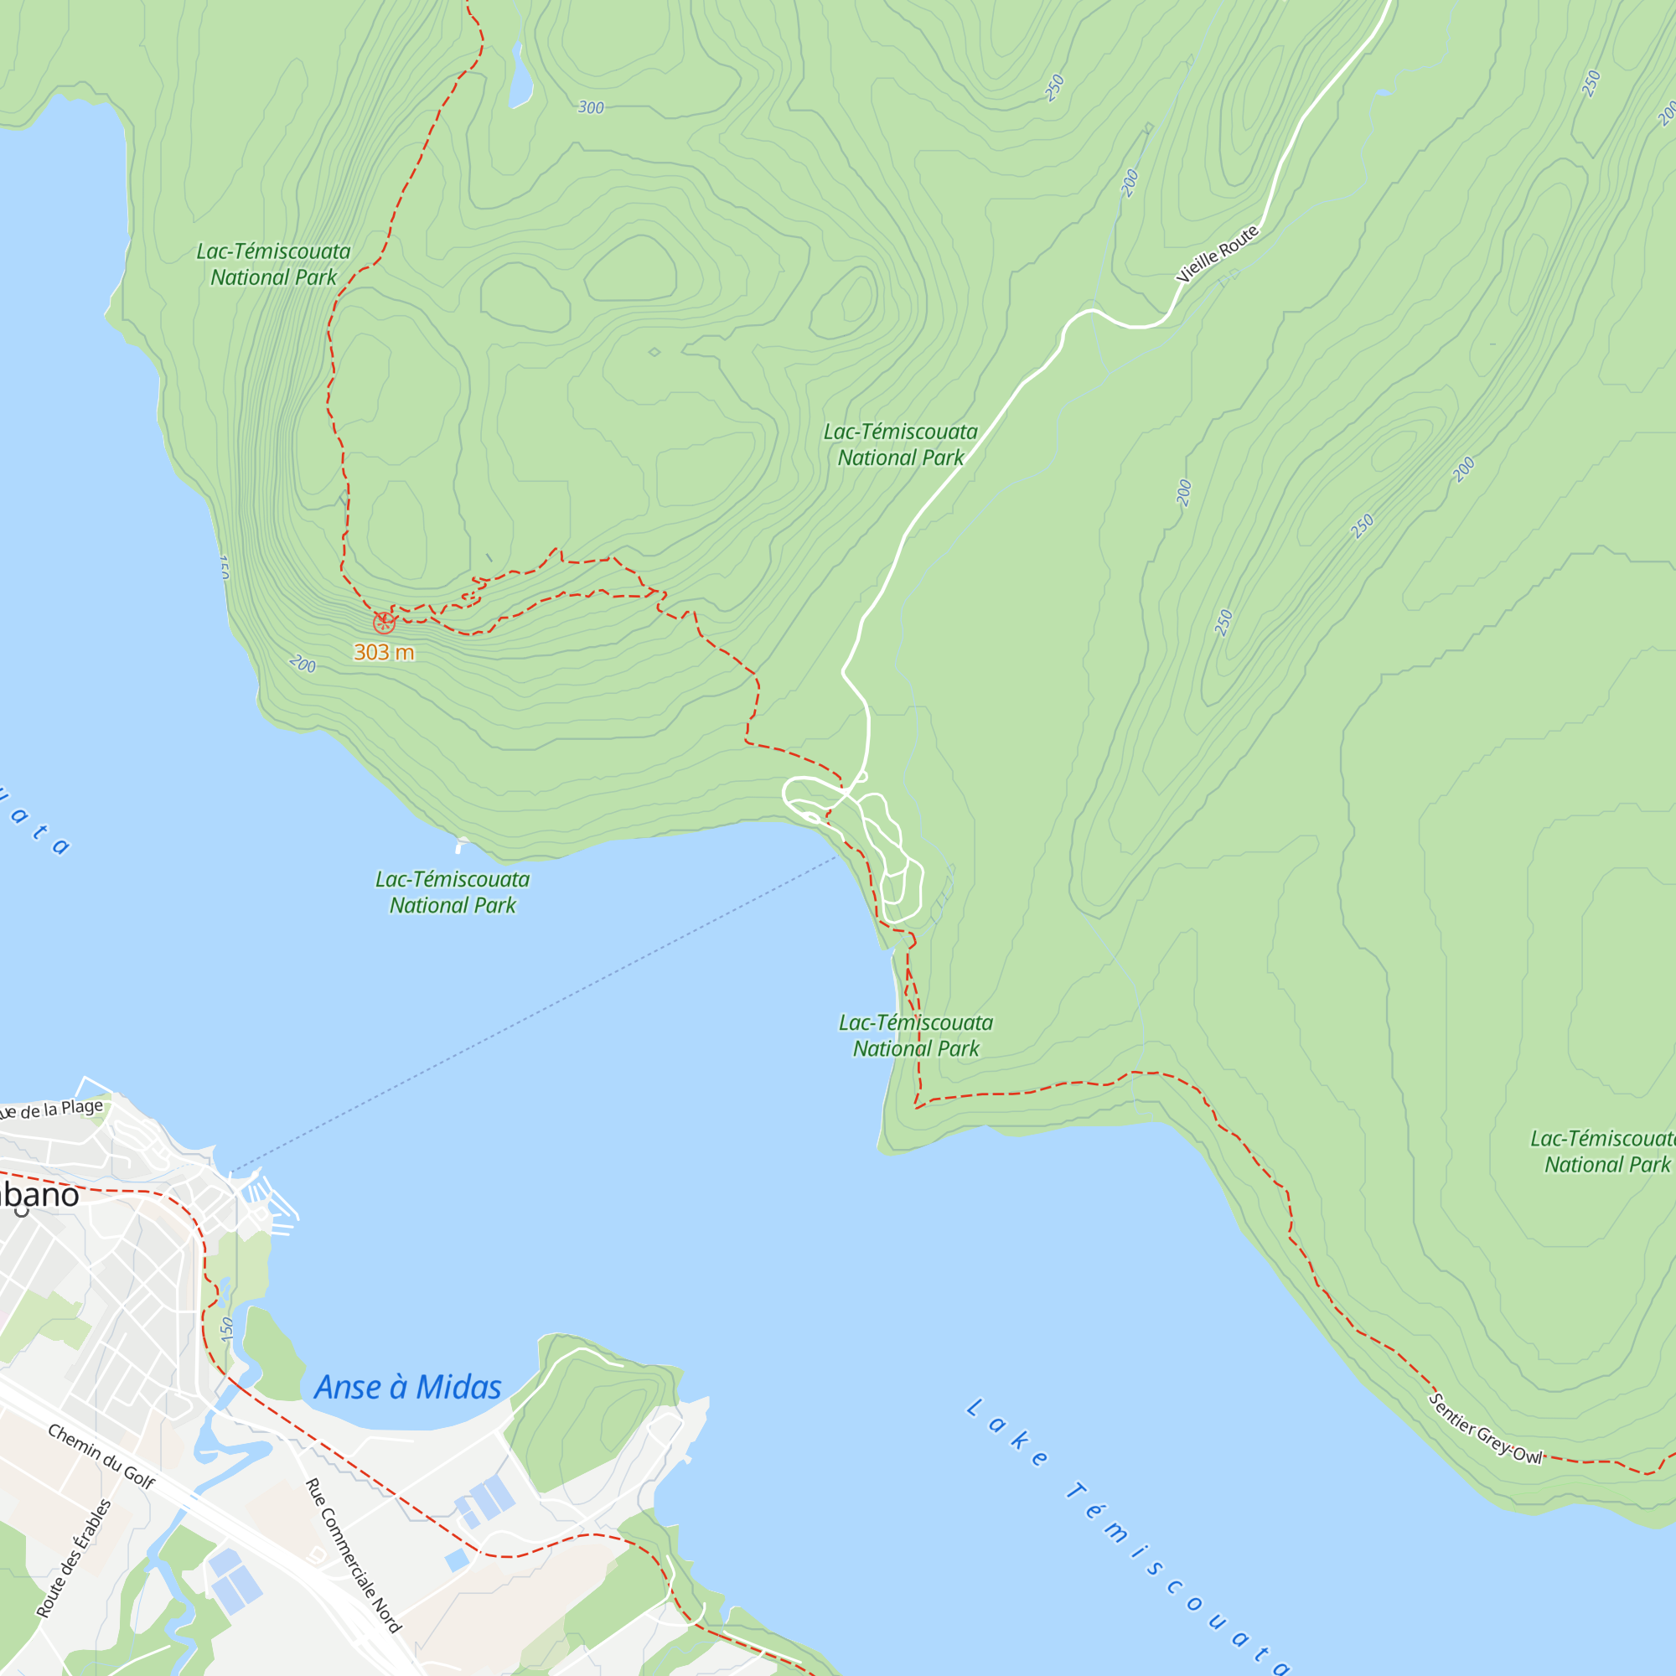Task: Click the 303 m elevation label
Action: tap(384, 652)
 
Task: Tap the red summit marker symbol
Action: tap(384, 623)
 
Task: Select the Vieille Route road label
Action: tap(1217, 254)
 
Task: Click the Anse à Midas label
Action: tap(408, 1388)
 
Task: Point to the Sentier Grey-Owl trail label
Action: tap(1485, 1429)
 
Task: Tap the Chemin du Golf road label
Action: tap(101, 1456)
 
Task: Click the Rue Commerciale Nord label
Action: tap(353, 1555)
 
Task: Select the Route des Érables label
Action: tap(75, 1558)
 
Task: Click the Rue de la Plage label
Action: tap(52, 1110)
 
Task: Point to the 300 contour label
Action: tap(591, 107)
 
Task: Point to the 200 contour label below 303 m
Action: tap(302, 665)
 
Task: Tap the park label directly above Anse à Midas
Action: tap(452, 892)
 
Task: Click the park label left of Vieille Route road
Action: tap(901, 444)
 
